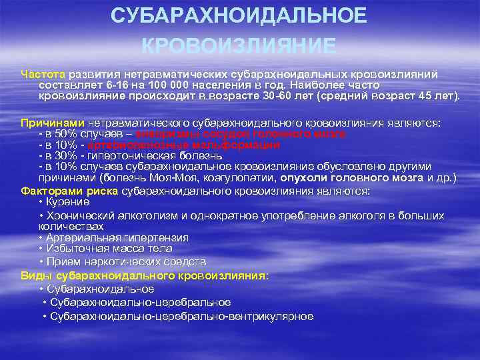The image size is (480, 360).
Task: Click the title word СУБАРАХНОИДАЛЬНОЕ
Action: pyautogui.click(x=239, y=16)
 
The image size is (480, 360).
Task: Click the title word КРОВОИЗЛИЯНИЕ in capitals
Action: pyautogui.click(x=239, y=45)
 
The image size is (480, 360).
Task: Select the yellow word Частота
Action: pyautogui.click(x=43, y=74)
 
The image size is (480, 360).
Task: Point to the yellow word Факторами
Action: pyautogui.click(x=48, y=191)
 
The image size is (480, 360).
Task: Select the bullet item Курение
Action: pyautogui.click(x=69, y=202)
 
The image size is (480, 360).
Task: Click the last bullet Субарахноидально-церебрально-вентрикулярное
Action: pyautogui.click(x=181, y=316)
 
